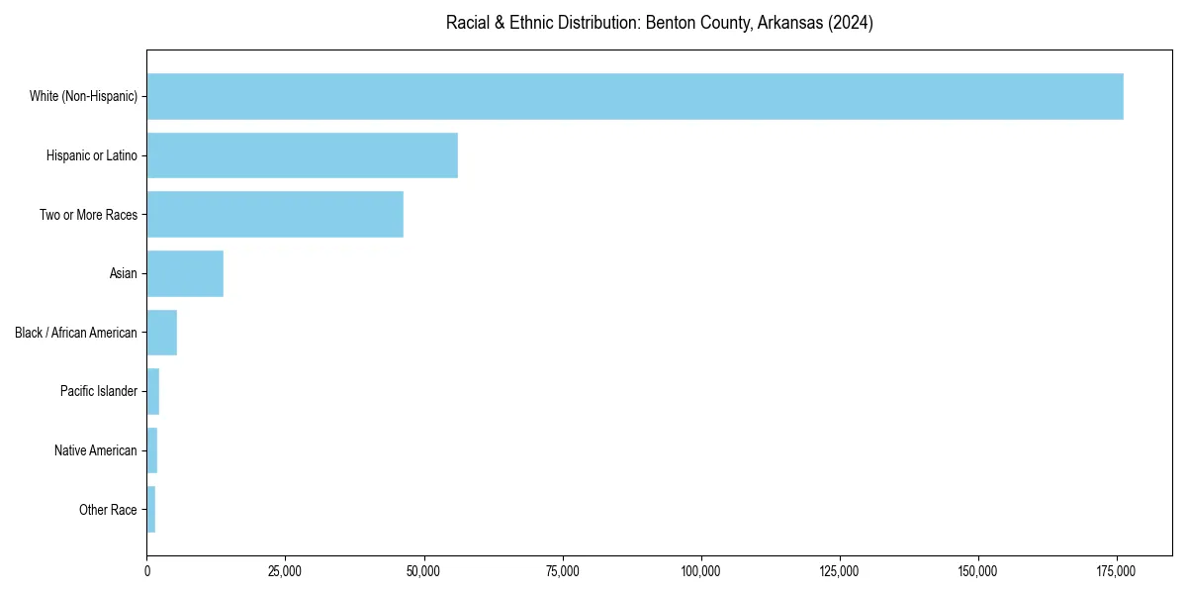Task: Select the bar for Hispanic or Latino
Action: (302, 155)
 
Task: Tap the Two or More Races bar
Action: (275, 215)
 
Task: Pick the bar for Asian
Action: (185, 273)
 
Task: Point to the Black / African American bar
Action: (162, 333)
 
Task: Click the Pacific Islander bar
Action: (153, 391)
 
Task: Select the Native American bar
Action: (152, 450)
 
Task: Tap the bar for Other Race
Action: (151, 509)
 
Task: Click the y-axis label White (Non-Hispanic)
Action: (83, 96)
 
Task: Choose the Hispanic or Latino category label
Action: (91, 155)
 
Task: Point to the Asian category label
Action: (123, 273)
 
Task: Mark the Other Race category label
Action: (108, 510)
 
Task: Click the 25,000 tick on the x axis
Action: (285, 571)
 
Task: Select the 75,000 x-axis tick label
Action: (563, 571)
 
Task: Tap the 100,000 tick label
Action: (701, 571)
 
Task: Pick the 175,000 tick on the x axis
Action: (1117, 571)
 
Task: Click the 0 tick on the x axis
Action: (147, 571)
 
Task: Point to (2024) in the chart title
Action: (852, 23)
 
